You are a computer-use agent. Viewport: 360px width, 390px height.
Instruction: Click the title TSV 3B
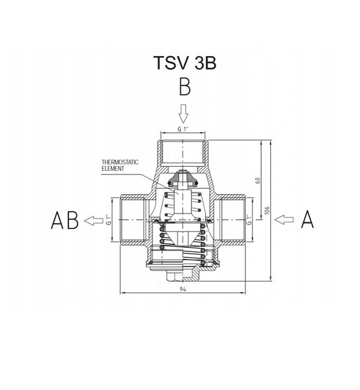pyautogui.click(x=184, y=63)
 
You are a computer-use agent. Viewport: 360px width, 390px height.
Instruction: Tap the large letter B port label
pyautogui.click(x=185, y=87)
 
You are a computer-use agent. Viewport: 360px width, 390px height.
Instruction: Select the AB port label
pyautogui.click(x=65, y=220)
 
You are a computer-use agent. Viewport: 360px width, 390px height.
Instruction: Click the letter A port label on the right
pyautogui.click(x=307, y=219)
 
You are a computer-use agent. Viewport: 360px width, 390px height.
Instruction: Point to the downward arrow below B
pyautogui.click(x=183, y=113)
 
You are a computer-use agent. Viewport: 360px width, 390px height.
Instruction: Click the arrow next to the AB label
pyautogui.click(x=93, y=220)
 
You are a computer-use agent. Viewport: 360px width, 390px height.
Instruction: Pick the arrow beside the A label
pyautogui.click(x=284, y=220)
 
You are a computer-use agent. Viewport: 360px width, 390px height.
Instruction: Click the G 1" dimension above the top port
pyautogui.click(x=183, y=129)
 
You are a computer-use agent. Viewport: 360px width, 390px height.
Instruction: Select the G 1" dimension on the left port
pyautogui.click(x=108, y=219)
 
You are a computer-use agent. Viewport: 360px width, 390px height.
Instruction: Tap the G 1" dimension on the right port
pyautogui.click(x=249, y=219)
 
